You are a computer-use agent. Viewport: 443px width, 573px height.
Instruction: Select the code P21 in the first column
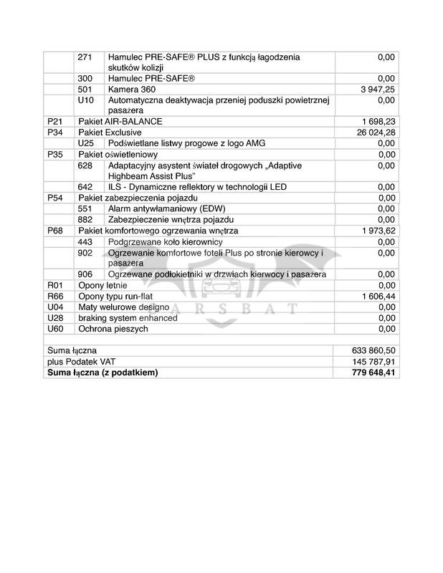tap(54, 122)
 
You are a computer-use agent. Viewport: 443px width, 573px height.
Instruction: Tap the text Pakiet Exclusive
tap(110, 133)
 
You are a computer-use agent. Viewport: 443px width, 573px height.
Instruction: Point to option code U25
tap(86, 143)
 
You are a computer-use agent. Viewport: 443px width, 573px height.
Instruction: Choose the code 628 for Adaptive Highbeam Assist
tap(85, 165)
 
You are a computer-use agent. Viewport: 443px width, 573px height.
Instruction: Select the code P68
tap(54, 231)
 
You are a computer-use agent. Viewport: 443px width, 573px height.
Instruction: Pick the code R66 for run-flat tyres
tap(55, 297)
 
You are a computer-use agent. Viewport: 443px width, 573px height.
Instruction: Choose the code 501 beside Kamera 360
tap(85, 90)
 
